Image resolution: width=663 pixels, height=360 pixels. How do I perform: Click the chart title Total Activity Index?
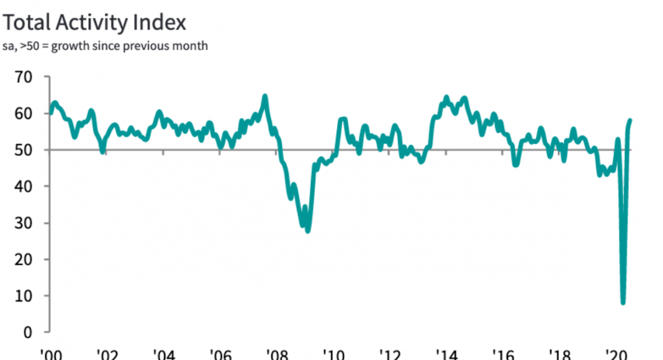coord(94,23)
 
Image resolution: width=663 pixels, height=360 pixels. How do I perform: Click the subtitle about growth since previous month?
coord(106,47)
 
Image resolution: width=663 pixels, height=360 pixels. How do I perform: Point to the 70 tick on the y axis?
coord(24,77)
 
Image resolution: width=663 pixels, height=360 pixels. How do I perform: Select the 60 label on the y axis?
coord(24,114)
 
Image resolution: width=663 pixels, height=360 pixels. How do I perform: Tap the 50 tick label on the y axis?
coord(24,150)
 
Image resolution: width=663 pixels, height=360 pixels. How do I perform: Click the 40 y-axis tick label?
coord(24,186)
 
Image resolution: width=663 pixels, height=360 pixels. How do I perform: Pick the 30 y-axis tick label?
coord(24,223)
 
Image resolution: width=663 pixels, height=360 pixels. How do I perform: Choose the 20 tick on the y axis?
coord(24,259)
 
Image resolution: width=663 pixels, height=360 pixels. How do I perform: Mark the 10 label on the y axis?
coord(24,296)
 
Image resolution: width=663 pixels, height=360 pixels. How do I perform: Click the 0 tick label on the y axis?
coord(28,333)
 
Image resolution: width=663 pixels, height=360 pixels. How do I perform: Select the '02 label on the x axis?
coord(106,354)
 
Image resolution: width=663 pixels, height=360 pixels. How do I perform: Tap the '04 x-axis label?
coord(163,354)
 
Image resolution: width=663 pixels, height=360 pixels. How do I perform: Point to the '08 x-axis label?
coord(277,354)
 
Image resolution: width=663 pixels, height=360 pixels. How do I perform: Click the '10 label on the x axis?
coord(334,354)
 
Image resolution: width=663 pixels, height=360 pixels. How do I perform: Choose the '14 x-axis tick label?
coord(448,354)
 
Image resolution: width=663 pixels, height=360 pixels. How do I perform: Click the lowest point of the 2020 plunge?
coord(623,303)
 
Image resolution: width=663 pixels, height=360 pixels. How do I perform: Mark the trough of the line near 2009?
coord(308,231)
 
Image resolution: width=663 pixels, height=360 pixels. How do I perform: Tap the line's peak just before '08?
coord(265,96)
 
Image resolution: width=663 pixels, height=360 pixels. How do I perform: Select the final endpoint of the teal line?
coord(631,120)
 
